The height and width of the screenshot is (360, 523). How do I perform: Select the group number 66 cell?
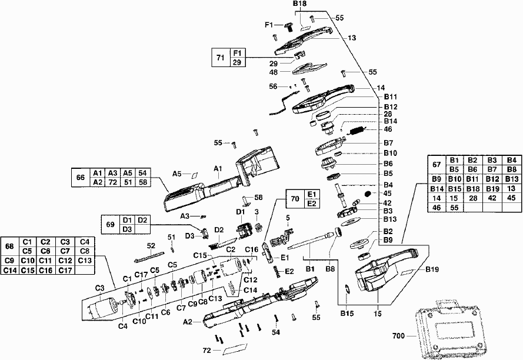(x=80, y=178)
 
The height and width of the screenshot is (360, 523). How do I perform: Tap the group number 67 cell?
(x=437, y=165)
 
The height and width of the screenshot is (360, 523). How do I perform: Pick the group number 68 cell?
(x=9, y=246)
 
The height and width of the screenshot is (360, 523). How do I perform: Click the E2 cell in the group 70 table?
(x=312, y=204)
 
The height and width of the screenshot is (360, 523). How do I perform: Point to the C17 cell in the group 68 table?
(x=66, y=270)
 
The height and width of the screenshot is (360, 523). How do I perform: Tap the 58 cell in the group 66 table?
(x=142, y=182)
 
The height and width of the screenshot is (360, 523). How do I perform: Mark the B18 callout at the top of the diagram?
(x=300, y=4)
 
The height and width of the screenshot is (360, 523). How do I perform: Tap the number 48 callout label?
(x=274, y=72)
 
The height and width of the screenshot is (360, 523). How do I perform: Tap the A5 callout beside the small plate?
(x=177, y=174)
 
